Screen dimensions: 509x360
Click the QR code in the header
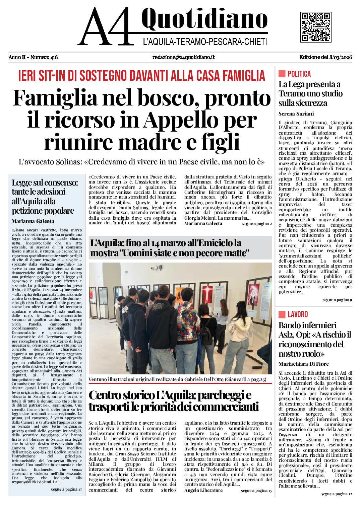pos(315,27)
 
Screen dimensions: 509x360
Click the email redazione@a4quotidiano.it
pos(183,57)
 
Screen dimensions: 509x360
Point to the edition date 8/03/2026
pos(341,57)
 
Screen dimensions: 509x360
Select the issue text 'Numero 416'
pos(44,57)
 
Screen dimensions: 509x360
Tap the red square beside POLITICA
pos(282,74)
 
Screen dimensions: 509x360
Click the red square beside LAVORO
pos(282,314)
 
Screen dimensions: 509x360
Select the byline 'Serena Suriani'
pos(296,114)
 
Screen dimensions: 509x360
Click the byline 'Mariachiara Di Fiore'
pos(303,364)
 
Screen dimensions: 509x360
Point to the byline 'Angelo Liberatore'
pos(203,491)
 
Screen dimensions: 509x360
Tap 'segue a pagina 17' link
pos(66,490)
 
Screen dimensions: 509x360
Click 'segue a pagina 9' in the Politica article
pos(337,300)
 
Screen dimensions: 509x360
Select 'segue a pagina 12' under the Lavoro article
pos(337,494)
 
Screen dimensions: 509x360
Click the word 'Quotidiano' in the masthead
pos(204,19)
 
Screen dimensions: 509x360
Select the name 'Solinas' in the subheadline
pos(67,162)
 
